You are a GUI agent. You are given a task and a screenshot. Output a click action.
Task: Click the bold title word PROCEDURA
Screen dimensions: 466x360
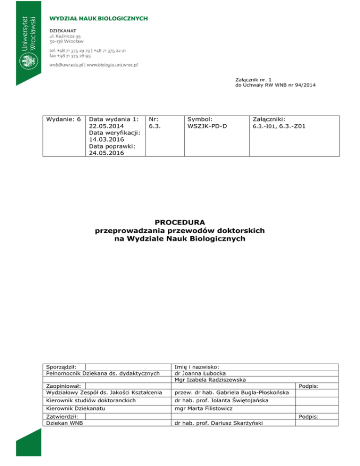pyautogui.click(x=180, y=222)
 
